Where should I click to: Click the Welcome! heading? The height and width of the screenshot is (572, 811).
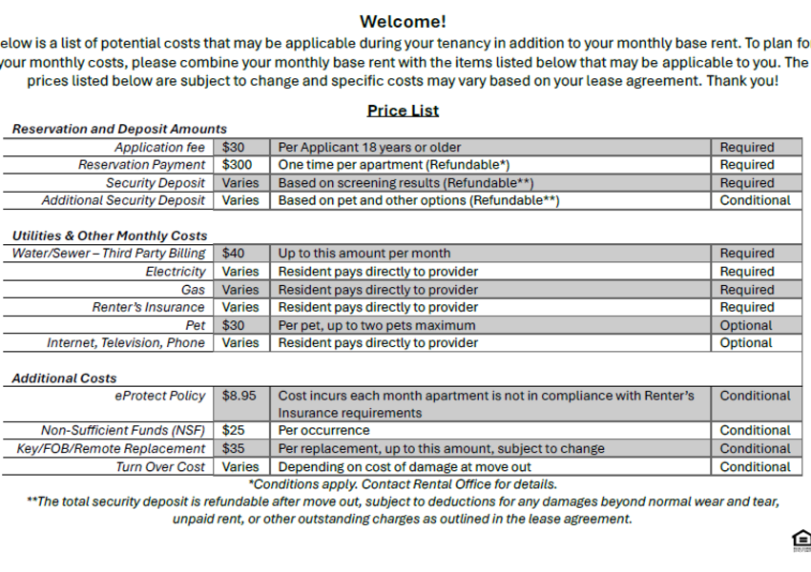(403, 22)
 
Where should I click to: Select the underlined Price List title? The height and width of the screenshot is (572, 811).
(403, 111)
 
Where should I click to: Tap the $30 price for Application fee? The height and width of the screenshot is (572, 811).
(234, 148)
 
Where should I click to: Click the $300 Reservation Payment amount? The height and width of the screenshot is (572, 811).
(238, 165)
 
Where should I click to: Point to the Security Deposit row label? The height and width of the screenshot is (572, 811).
(156, 183)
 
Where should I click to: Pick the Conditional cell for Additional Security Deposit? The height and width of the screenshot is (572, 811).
(755, 200)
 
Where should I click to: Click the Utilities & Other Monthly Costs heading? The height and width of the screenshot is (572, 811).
(110, 235)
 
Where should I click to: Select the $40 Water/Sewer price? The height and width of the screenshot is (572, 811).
(234, 254)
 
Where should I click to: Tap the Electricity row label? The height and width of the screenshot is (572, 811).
(175, 272)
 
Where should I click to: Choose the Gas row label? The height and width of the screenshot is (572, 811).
(193, 290)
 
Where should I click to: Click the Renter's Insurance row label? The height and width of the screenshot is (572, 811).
(148, 307)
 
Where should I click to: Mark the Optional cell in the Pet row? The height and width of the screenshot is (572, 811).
(746, 325)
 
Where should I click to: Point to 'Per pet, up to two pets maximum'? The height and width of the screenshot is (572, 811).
(376, 325)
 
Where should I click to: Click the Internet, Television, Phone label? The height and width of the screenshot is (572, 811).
(126, 343)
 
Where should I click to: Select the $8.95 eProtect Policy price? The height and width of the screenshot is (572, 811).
(239, 396)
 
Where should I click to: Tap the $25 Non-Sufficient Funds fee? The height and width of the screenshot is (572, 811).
(234, 431)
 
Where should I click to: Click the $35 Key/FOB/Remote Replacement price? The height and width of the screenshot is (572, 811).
(234, 449)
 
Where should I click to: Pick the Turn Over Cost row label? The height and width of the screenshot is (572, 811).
(160, 467)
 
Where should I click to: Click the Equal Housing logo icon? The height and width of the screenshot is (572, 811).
(801, 541)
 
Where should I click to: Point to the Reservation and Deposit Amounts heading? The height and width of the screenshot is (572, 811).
(119, 129)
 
